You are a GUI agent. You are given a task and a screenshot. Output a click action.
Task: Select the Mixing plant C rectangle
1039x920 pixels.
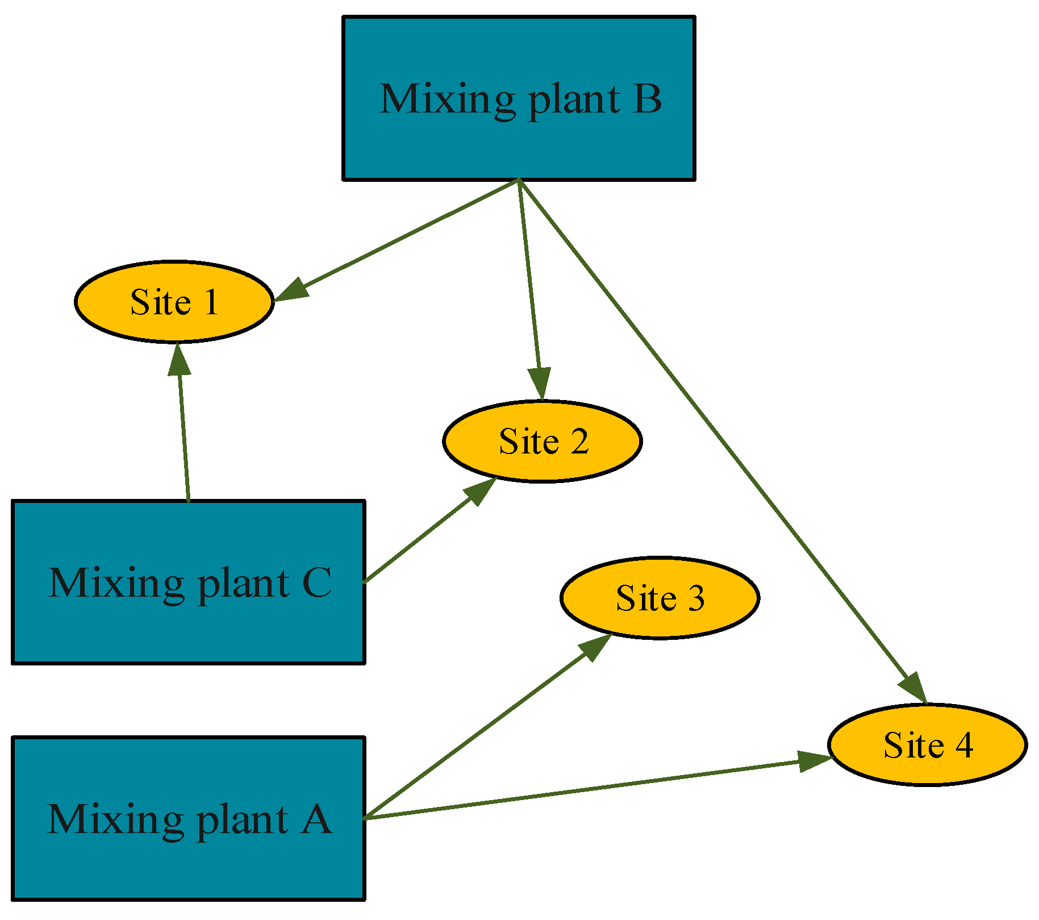tap(188, 625)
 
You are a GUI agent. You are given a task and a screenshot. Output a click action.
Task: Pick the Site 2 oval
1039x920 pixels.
tap(543, 463)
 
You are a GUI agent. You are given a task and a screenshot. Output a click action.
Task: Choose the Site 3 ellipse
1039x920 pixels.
tap(660, 619)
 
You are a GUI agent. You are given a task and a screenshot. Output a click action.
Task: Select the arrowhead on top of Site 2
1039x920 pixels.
tap(540, 383)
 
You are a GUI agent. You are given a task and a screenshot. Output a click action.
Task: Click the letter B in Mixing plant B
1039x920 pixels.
tap(647, 99)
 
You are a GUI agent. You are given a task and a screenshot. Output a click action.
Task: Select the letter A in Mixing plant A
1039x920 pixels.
tap(316, 819)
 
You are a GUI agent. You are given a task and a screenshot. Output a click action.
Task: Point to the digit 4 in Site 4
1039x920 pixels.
tap(963, 745)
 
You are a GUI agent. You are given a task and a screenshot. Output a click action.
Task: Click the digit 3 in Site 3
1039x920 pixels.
tap(695, 598)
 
